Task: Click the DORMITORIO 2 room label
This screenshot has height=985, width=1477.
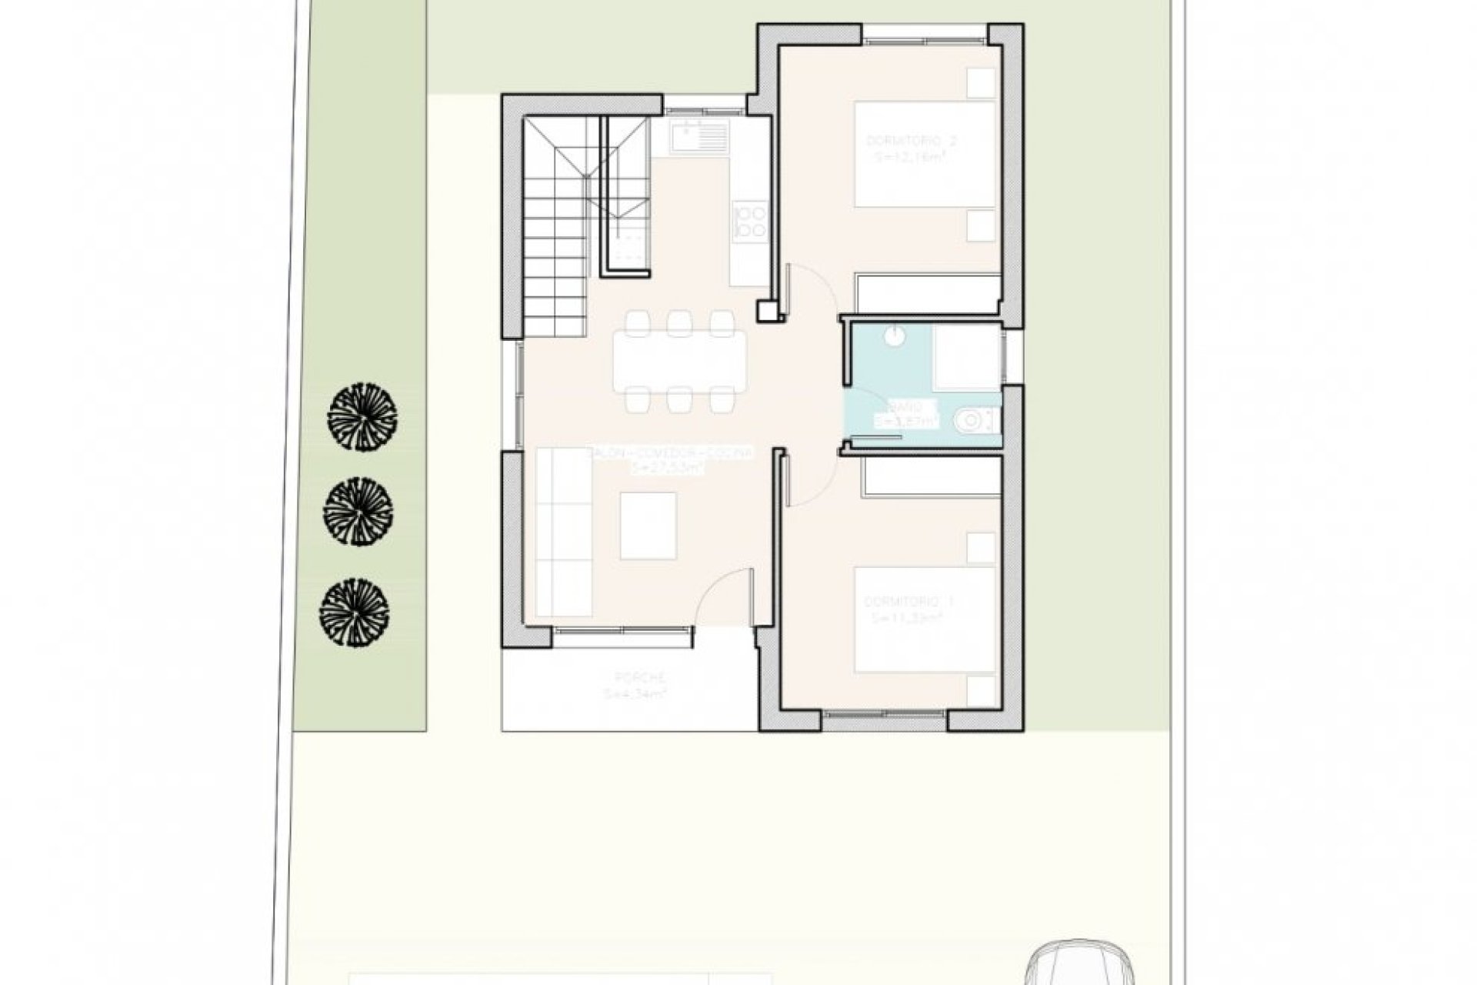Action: [x=912, y=142]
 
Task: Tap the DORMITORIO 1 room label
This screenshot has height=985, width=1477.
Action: [x=909, y=600]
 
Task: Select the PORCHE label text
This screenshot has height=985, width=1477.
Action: [x=639, y=677]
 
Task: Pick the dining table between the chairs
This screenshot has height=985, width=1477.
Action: [x=678, y=361]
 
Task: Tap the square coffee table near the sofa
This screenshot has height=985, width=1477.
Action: [x=648, y=526]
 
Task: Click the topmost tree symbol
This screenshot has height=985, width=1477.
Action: [x=362, y=417]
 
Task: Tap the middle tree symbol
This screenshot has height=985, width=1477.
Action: [x=358, y=512]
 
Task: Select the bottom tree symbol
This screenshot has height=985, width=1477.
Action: [x=354, y=613]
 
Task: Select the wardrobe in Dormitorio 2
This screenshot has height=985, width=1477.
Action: [x=927, y=293]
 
